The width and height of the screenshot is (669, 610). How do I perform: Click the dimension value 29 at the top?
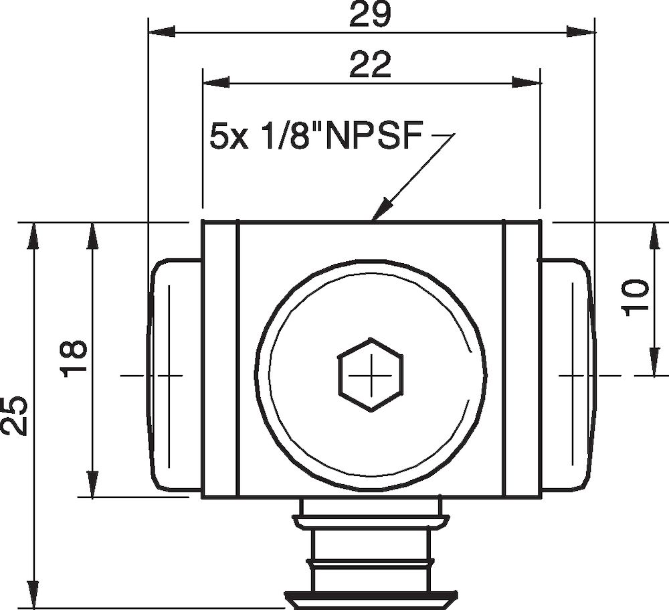[370, 15]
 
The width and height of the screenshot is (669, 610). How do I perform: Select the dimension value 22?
[370, 66]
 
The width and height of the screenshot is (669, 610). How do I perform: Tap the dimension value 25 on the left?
[15, 415]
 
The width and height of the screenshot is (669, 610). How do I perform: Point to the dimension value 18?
[74, 359]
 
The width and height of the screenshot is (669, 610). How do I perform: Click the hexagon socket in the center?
[370, 375]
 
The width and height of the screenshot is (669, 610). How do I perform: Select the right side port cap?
[566, 375]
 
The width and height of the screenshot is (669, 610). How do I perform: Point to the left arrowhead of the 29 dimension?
[161, 31]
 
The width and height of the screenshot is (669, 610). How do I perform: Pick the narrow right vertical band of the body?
[522, 359]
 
